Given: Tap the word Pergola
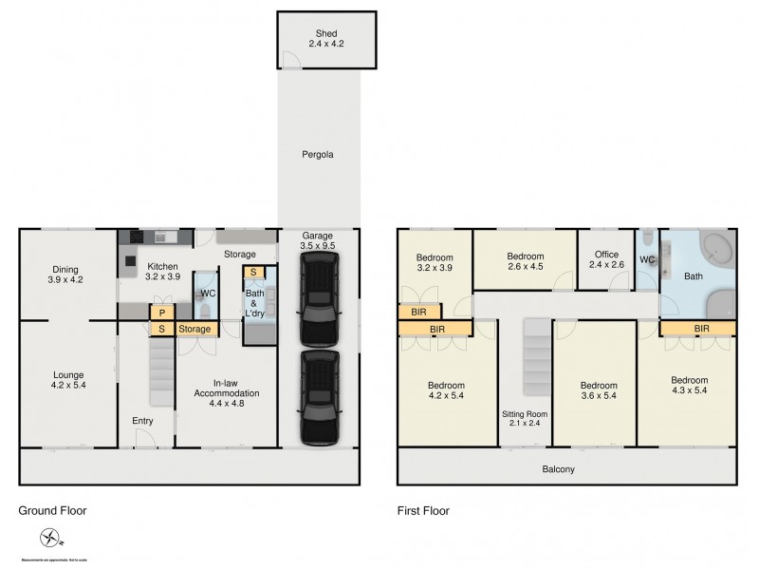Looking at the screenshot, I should coord(319,154).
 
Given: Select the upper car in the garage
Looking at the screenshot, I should coord(319,303).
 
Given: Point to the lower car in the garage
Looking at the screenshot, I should coord(319,397).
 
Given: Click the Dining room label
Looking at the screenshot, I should coord(65,275).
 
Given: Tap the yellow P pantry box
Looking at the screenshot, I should coord(162,313).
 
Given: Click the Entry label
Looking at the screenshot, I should coord(142,421).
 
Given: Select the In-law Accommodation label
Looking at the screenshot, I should coord(227,388).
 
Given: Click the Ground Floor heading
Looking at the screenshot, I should coord(52,511).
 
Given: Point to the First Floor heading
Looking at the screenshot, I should coord(423,511).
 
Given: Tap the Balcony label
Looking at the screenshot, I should coord(558,469).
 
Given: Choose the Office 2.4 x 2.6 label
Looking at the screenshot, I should coord(606,259).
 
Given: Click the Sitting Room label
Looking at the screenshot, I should coord(526,419).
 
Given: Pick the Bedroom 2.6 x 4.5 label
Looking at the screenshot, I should coord(525,261).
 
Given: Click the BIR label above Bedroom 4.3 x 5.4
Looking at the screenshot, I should coord(701,329).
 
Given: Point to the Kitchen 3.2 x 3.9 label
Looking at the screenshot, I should coord(162,271).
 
